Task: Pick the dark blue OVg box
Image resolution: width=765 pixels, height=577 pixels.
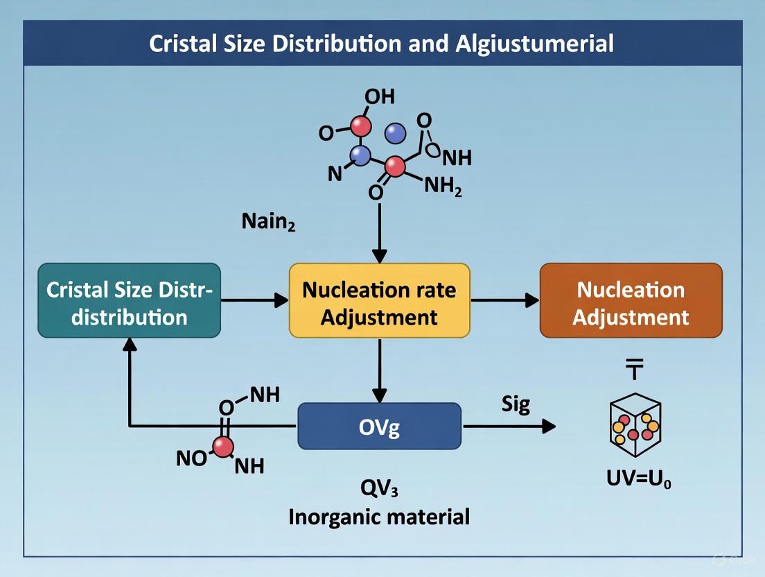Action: [x=379, y=427]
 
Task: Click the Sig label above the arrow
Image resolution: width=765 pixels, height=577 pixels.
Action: [x=515, y=404]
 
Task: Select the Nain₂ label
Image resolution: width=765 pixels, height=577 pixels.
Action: [x=268, y=222]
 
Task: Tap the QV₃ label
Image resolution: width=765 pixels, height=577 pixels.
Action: [x=379, y=488]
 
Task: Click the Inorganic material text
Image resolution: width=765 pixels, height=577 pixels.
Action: [x=379, y=517]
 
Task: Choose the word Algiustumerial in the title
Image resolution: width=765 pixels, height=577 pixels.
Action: [x=534, y=44]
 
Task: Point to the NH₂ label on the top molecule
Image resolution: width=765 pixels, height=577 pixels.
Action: [x=443, y=187]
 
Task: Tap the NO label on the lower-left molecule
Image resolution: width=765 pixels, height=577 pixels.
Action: [x=191, y=458]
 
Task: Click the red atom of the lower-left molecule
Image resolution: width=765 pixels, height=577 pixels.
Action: [x=223, y=448]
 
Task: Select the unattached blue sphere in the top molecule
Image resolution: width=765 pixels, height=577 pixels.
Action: [x=395, y=134]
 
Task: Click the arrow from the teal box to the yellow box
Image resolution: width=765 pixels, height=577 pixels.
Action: [x=254, y=300]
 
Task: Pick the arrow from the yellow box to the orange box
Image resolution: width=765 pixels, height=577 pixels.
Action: [x=504, y=300]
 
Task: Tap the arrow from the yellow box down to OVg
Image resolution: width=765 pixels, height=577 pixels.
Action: [x=379, y=370]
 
